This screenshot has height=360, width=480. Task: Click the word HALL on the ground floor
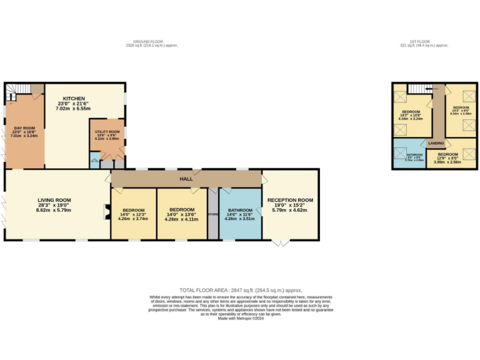(186, 179)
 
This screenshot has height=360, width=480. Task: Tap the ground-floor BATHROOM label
(240, 210)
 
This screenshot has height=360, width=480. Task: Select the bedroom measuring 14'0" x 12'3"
(132, 210)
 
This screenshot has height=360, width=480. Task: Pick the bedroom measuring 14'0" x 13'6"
(181, 210)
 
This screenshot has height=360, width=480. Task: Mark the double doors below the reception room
(282, 243)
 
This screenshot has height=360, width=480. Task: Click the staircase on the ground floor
(12, 94)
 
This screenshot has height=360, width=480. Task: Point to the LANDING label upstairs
(436, 144)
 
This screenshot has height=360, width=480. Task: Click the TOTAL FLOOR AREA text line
(240, 290)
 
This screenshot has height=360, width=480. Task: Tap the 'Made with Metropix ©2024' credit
(240, 318)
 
